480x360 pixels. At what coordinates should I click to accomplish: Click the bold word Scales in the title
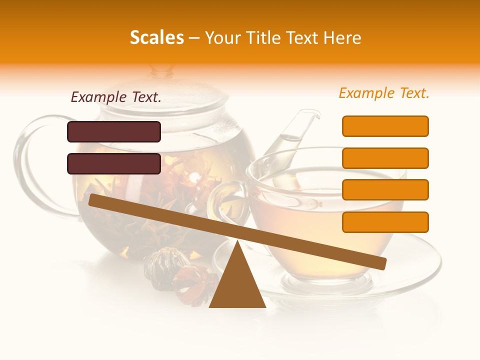pyautogui.click(x=156, y=37)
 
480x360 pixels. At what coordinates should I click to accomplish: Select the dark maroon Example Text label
pyautogui.click(x=116, y=97)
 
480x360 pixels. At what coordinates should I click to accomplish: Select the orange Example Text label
pyautogui.click(x=384, y=93)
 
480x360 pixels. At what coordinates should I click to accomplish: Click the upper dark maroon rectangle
pyautogui.click(x=114, y=131)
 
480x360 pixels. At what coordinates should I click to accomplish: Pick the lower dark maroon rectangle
pyautogui.click(x=114, y=163)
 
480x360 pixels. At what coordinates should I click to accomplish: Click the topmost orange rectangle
pyautogui.click(x=385, y=126)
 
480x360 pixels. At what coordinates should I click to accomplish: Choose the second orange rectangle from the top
pyautogui.click(x=385, y=158)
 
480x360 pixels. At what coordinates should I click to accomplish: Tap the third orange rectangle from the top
pyautogui.click(x=385, y=190)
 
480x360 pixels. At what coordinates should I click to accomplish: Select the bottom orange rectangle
pyautogui.click(x=385, y=222)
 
